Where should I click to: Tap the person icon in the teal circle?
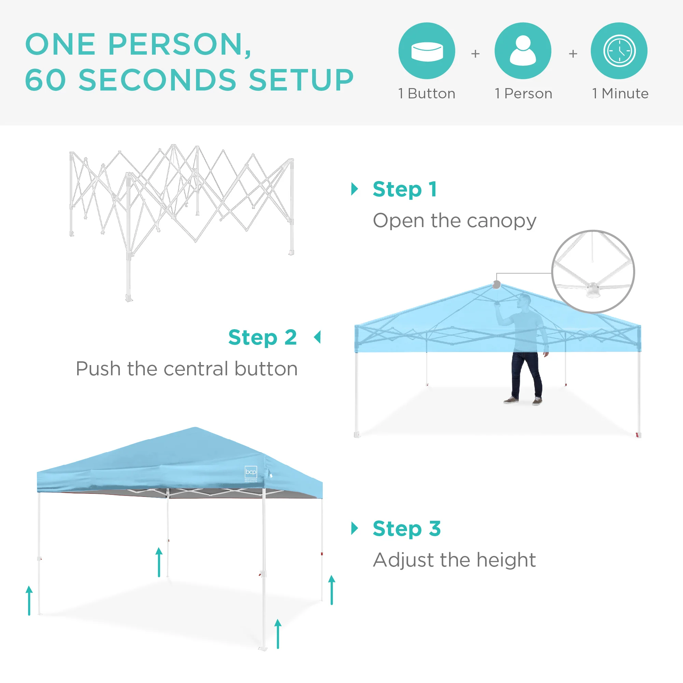pyautogui.click(x=523, y=51)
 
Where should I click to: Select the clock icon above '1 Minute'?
pyautogui.click(x=619, y=51)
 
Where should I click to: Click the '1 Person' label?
pyautogui.click(x=523, y=94)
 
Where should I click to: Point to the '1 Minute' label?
pyautogui.click(x=620, y=94)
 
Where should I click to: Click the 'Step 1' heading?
pyautogui.click(x=405, y=190)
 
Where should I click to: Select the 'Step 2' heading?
pyautogui.click(x=262, y=338)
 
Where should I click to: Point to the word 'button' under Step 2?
pyautogui.click(x=266, y=369)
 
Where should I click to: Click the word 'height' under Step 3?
pyautogui.click(x=506, y=560)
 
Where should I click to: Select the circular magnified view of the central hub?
pyautogui.click(x=593, y=271)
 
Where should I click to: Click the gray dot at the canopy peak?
pyautogui.click(x=496, y=284)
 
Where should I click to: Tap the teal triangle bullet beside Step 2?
pyautogui.click(x=318, y=337)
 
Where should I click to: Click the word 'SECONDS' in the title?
pyautogui.click(x=157, y=80)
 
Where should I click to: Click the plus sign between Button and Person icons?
pyautogui.click(x=475, y=54)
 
